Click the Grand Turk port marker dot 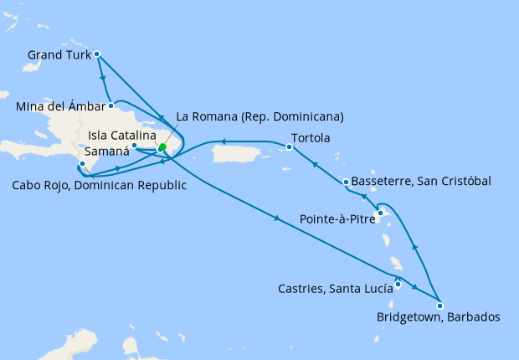point(97,54)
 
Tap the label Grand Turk point(59,55)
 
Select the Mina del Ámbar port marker point(110,106)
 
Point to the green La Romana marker point(162,147)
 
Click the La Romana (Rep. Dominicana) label point(259,116)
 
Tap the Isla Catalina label point(121,134)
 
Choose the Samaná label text point(109,152)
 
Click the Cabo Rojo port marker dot point(81,164)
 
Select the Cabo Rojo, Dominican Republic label point(99,185)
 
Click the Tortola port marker point(288,147)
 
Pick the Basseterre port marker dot point(346,182)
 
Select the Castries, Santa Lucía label point(335,289)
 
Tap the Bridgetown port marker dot point(440,306)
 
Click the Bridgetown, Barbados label point(439,317)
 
